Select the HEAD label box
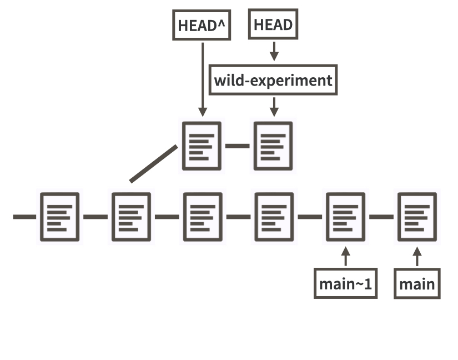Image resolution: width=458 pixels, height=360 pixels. (x=273, y=24)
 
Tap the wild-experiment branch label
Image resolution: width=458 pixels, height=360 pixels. (x=273, y=81)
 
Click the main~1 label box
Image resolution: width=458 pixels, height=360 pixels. (x=345, y=284)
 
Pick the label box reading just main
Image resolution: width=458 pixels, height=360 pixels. (x=417, y=284)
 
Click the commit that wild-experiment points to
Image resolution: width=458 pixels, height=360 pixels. (x=273, y=146)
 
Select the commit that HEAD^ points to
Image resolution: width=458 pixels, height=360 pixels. (x=202, y=146)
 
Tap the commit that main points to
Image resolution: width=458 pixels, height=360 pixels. (x=416, y=217)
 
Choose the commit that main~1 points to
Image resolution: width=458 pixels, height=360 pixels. (x=345, y=217)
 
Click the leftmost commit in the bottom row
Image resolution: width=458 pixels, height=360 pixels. (x=59, y=217)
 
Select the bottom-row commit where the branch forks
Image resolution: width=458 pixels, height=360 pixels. (x=131, y=217)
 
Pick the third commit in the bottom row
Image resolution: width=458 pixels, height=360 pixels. (x=203, y=217)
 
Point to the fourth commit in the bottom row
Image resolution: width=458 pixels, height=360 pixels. (x=273, y=217)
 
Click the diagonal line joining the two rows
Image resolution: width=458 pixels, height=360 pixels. (x=154, y=164)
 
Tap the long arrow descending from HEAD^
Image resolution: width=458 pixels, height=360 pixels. (x=203, y=78)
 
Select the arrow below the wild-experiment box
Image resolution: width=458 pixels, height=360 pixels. (x=273, y=106)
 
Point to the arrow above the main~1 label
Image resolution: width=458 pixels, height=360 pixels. (x=346, y=257)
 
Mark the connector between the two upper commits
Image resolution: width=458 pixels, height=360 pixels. (x=237, y=146)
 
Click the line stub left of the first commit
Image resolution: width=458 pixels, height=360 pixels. (x=23, y=216)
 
